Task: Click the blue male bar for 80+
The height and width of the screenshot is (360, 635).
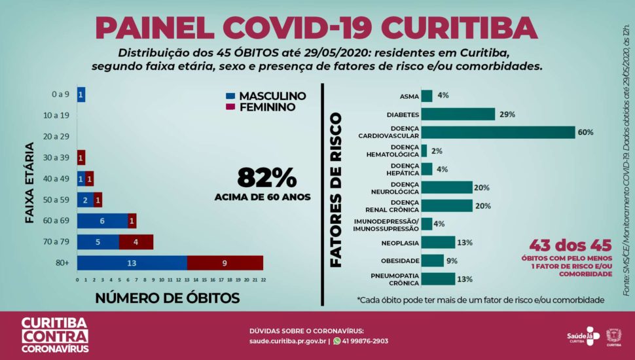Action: click(132, 263)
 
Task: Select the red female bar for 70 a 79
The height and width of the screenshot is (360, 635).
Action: click(136, 242)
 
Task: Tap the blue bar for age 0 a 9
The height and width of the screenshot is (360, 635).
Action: click(81, 94)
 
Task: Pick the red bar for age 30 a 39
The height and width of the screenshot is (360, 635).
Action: click(81, 158)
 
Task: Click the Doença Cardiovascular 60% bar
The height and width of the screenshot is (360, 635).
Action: click(498, 132)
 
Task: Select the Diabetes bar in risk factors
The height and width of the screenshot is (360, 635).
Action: click(458, 114)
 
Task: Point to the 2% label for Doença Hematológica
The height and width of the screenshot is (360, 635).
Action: click(437, 151)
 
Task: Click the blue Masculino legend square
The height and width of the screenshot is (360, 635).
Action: click(229, 96)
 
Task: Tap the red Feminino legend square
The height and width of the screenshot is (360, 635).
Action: click(229, 107)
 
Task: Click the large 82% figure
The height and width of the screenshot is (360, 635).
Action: click(267, 177)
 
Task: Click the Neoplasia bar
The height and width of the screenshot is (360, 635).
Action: click(438, 242)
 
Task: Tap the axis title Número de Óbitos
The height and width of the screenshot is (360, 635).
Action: click(167, 298)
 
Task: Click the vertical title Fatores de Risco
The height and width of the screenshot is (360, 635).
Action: click(336, 190)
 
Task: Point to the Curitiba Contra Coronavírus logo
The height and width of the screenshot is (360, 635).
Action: click(54, 335)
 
